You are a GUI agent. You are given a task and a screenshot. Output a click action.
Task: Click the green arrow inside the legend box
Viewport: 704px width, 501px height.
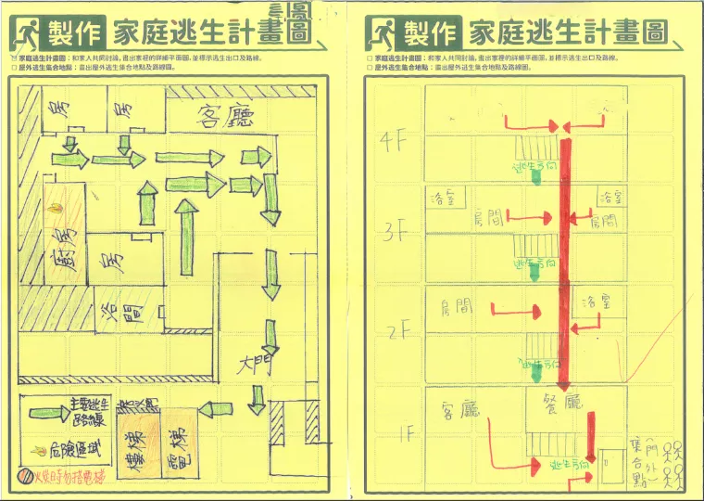coord(60,412)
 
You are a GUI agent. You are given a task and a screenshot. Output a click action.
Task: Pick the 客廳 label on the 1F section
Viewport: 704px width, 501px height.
coord(460,409)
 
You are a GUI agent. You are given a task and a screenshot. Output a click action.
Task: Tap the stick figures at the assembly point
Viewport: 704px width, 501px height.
coord(679,461)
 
